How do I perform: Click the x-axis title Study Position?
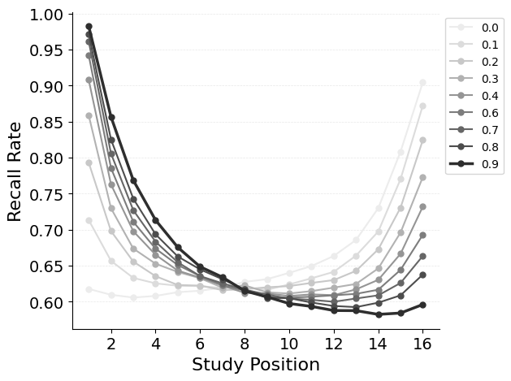[x=256, y=365]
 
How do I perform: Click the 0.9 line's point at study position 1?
[x=89, y=27]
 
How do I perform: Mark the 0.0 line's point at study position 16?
[x=422, y=83]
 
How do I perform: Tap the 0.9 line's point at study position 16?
[x=422, y=305]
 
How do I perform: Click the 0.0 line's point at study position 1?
[x=89, y=289]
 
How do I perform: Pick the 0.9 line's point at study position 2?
[x=111, y=117]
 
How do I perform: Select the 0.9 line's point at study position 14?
[x=379, y=314]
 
